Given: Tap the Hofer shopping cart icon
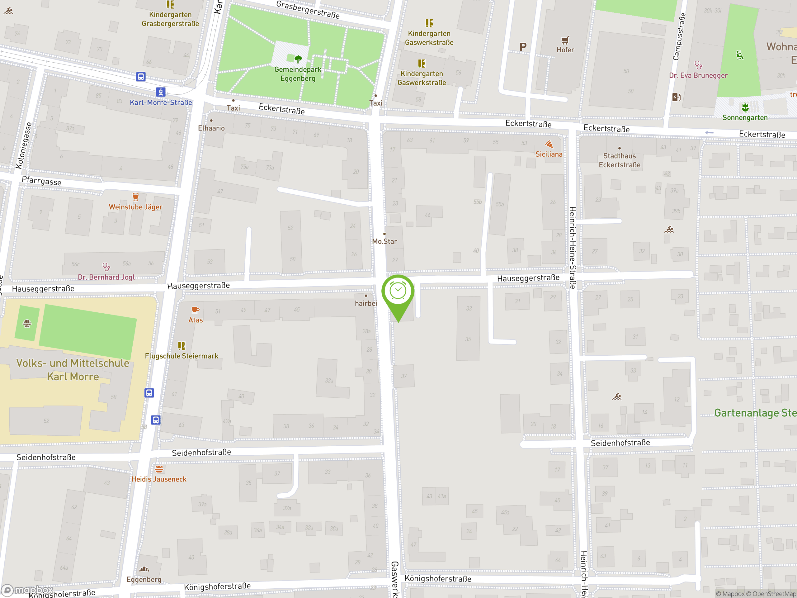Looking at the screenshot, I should click(565, 40).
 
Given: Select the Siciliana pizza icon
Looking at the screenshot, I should click(549, 145).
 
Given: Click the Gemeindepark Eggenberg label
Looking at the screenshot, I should click(298, 74).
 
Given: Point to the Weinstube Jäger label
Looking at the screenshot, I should click(135, 207).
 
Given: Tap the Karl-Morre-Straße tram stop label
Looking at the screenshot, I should click(161, 102).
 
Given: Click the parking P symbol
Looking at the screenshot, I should click(523, 46).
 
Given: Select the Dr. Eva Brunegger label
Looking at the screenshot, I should click(698, 75).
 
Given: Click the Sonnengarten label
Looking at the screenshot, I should click(745, 117).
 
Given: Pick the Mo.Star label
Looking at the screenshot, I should click(384, 241).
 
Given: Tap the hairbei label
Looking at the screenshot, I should click(366, 303).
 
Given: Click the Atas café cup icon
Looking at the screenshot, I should click(195, 310).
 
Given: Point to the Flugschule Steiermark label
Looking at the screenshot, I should click(182, 356).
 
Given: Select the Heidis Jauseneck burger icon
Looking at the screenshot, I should click(159, 469).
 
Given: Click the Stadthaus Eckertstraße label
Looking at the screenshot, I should click(619, 160).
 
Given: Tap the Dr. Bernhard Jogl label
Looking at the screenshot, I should click(106, 277).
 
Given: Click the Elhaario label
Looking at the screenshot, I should click(211, 128).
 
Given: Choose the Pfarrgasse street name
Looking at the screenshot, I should click(41, 181).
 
